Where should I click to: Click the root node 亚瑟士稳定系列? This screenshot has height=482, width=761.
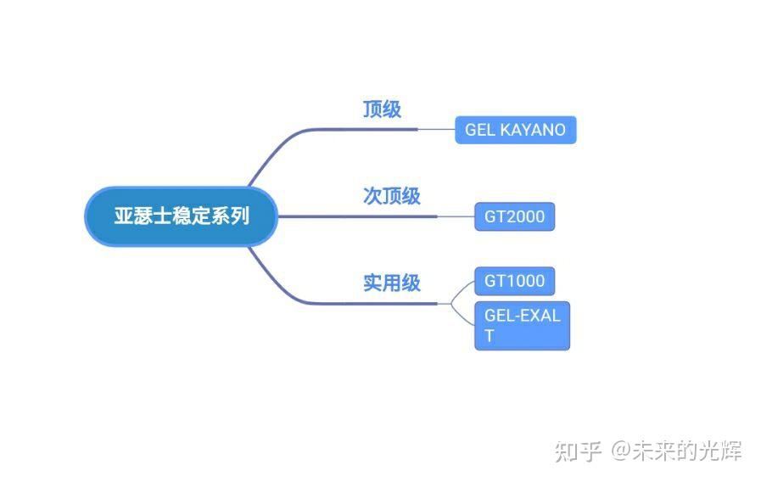[x=182, y=216]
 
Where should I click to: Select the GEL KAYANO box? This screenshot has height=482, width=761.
[x=515, y=130]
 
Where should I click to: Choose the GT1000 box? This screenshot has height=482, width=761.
[x=514, y=281]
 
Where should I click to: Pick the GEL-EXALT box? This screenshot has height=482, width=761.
[x=522, y=325]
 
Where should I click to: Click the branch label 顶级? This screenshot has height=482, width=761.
[x=382, y=109]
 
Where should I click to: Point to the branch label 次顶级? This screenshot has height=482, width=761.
[x=392, y=196]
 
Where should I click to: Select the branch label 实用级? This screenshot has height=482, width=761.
[x=392, y=283]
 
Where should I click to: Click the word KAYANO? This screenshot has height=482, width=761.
[x=533, y=130]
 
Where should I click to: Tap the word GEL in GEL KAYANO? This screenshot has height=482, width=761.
[x=480, y=130]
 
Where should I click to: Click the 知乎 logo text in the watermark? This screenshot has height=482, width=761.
[x=579, y=451]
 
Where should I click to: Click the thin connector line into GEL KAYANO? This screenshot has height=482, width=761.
[x=437, y=130]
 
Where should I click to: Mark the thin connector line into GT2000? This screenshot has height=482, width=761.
[x=456, y=216]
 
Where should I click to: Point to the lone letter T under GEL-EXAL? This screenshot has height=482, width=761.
[x=490, y=336]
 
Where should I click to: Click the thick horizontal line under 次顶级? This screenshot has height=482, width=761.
[x=356, y=216]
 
